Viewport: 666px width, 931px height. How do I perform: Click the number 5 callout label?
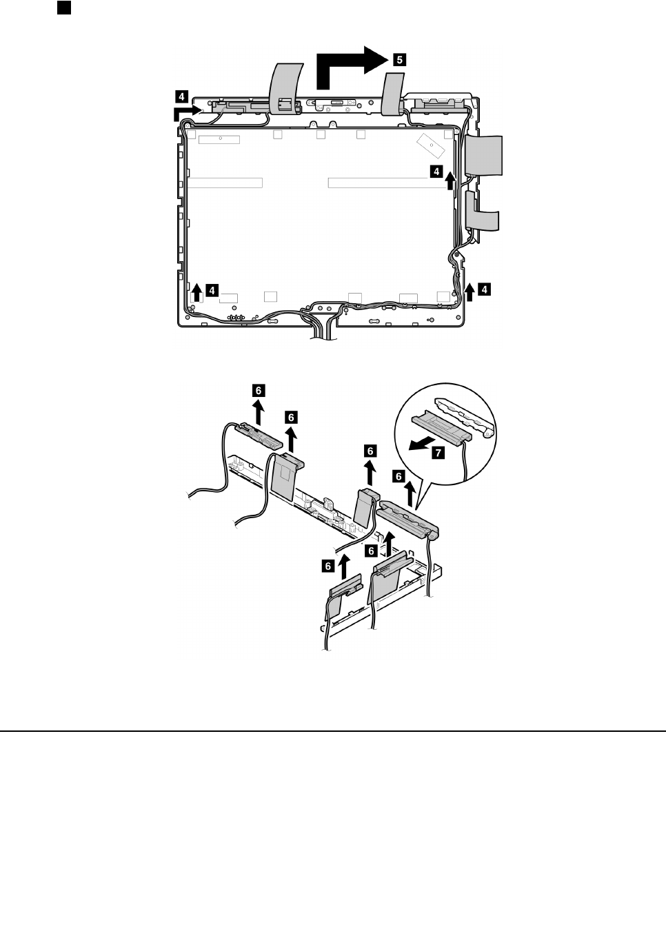point(399,60)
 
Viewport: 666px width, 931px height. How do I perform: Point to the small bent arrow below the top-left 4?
point(187,109)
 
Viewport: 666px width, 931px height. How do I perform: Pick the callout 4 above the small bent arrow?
point(181,94)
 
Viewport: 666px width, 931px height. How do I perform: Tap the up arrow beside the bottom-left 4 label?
point(196,291)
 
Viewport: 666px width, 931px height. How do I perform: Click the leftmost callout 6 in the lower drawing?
point(258,390)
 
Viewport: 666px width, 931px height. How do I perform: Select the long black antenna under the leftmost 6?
point(257,436)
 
